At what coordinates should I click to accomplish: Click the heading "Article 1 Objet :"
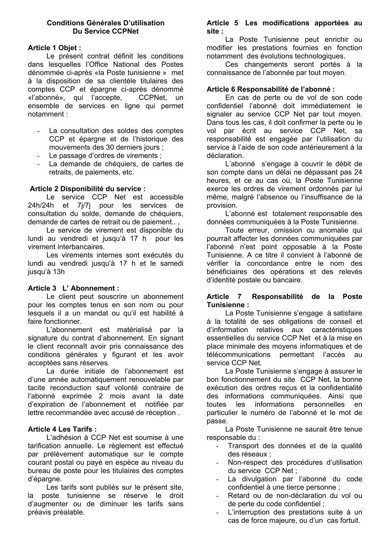(54, 48)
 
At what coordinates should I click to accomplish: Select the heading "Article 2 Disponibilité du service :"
(88, 189)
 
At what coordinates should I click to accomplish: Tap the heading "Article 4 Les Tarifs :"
(62, 429)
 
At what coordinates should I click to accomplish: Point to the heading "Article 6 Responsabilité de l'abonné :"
(271, 89)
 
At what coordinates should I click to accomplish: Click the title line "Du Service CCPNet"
(105, 31)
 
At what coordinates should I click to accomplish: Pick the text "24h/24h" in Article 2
(40, 205)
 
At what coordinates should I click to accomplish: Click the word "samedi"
(172, 264)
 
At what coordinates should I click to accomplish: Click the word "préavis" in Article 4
(40, 512)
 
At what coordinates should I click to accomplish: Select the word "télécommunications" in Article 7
(239, 354)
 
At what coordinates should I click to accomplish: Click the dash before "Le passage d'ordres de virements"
(39, 156)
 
